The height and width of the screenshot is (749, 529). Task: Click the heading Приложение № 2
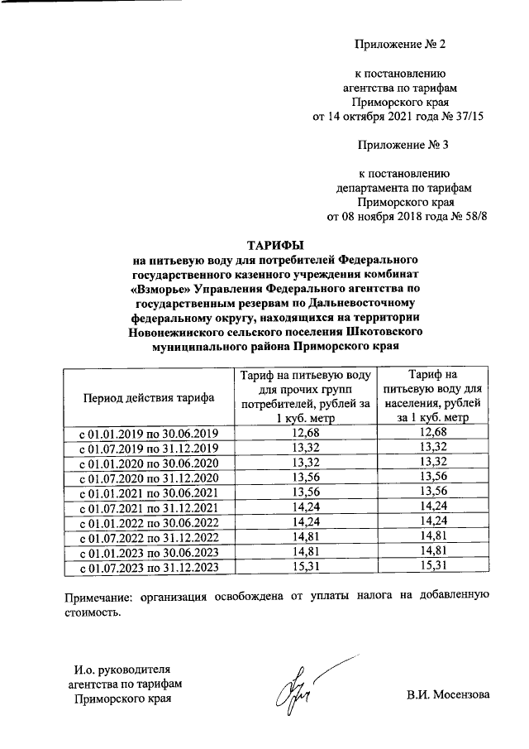pyautogui.click(x=401, y=43)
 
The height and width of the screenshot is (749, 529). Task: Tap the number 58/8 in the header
pyautogui.click(x=473, y=218)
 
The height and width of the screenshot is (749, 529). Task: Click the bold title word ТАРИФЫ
pyautogui.click(x=276, y=244)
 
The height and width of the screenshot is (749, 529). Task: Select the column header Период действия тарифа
pyautogui.click(x=149, y=397)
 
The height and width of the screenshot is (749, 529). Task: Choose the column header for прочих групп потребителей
pyautogui.click(x=306, y=397)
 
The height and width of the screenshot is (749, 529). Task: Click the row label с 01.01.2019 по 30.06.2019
pyautogui.click(x=149, y=434)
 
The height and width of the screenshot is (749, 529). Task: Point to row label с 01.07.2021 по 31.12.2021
pyautogui.click(x=149, y=507)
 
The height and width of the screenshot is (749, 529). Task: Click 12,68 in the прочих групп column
pyautogui.click(x=306, y=434)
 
